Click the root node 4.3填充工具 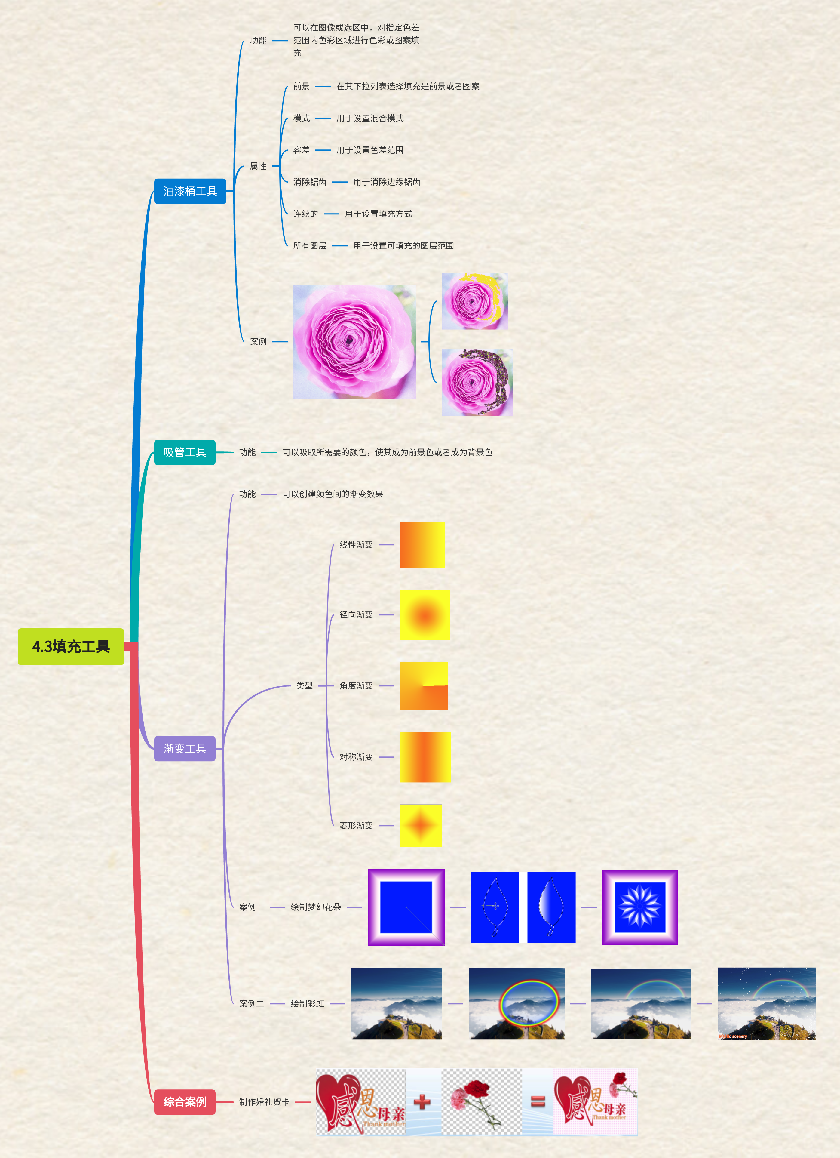[x=71, y=646]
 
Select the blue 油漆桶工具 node [x=190, y=191]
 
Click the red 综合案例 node [x=185, y=1101]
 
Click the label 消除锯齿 [x=309, y=182]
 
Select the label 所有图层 [x=309, y=246]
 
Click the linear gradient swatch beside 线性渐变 [x=422, y=544]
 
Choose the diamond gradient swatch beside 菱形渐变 [x=420, y=825]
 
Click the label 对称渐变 [x=356, y=757]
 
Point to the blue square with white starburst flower [x=639, y=907]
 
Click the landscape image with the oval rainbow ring [x=517, y=1003]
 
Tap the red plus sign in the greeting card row [x=422, y=1102]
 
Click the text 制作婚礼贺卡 [x=264, y=1102]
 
